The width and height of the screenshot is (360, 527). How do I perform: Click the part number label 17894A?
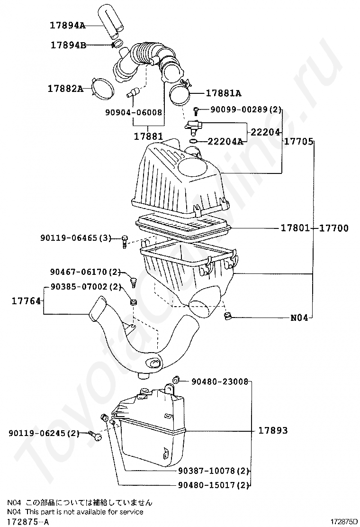tap(68, 25)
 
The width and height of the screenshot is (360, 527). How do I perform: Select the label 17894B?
tap(69, 45)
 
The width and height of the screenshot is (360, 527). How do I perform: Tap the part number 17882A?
tap(65, 89)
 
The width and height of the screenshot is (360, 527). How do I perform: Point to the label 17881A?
tap(223, 93)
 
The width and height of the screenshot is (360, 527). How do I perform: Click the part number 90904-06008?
tap(134, 112)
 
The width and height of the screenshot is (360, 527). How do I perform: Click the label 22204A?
tap(225, 142)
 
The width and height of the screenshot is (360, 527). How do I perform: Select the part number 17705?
tap(298, 142)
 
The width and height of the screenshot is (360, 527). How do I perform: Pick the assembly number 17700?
tap(333, 228)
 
